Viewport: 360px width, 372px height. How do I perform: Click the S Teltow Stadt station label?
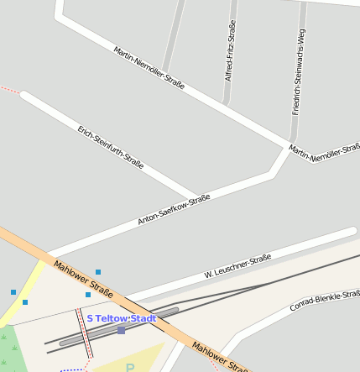(122, 318)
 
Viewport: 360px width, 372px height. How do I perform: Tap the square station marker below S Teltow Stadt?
(121, 330)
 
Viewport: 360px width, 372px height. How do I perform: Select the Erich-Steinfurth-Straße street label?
(110, 148)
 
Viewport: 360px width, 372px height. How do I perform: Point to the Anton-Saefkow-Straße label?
(174, 210)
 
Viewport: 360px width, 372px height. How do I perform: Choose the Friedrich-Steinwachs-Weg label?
(297, 71)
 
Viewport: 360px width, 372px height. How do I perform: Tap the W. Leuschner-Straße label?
(237, 266)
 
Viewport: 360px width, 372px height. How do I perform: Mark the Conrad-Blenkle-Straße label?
(325, 301)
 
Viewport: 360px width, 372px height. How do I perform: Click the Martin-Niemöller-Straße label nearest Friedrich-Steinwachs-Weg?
(324, 153)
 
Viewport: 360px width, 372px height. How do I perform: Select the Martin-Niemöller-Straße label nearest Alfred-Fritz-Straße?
(149, 67)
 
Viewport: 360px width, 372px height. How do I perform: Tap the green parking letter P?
(130, 368)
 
